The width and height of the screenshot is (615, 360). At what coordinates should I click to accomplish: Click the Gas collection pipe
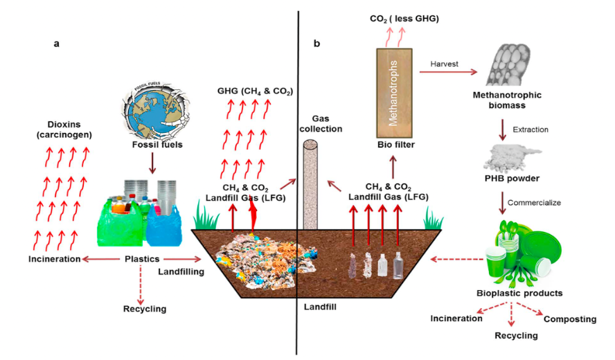(310, 183)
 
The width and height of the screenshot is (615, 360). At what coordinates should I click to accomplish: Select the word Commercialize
(535, 203)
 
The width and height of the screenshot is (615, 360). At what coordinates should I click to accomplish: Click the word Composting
(569, 319)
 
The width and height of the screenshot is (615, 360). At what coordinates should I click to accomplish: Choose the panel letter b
(317, 44)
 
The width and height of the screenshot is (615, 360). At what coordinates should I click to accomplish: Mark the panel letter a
(56, 43)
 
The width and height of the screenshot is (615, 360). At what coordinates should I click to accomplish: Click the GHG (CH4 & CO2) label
(254, 91)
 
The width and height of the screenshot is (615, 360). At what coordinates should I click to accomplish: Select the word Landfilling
(181, 272)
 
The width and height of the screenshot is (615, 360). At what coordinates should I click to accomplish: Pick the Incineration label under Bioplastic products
(456, 318)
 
